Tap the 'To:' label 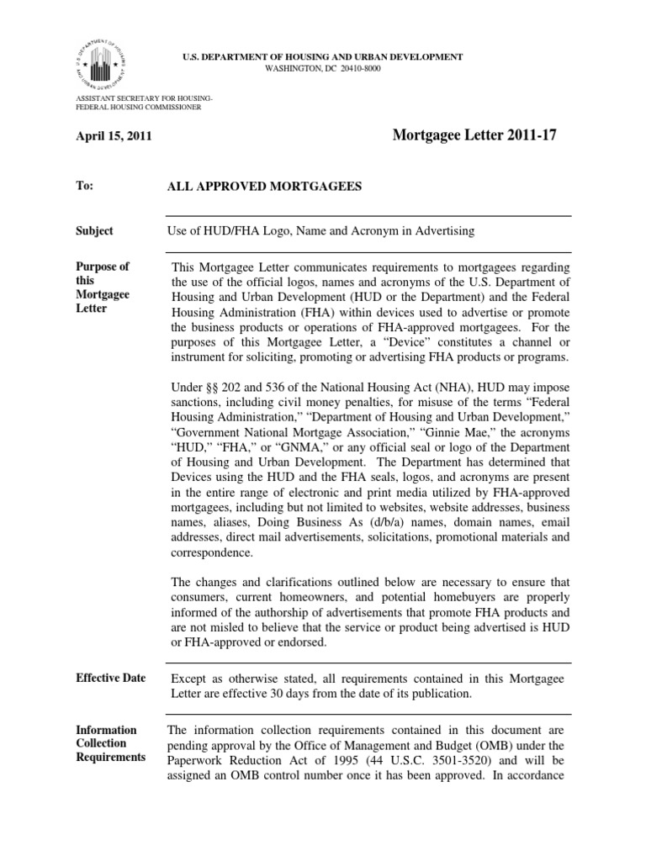click(84, 186)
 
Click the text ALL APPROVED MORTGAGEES click(266, 187)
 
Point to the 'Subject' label click(94, 230)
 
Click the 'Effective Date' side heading click(111, 679)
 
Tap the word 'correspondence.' click(210, 553)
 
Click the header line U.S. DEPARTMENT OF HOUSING click(323, 56)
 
